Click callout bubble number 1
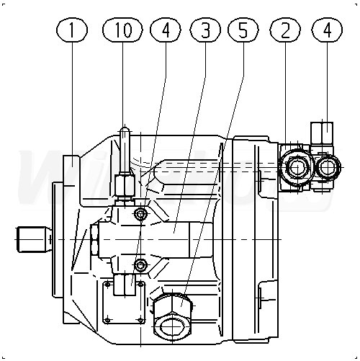[x=72, y=30]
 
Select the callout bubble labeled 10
[x=122, y=30]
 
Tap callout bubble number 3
[x=205, y=30]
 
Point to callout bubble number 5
[x=243, y=30]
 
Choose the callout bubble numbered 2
[x=285, y=30]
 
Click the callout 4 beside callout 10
[x=166, y=30]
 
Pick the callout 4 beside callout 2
[x=327, y=30]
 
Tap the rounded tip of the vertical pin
[x=125, y=130]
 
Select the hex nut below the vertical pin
[x=125, y=185]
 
